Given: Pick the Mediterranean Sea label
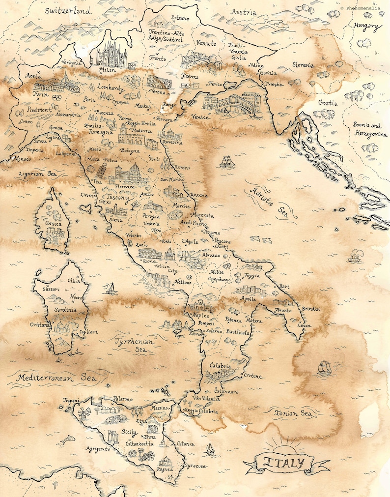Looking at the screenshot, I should [55, 378].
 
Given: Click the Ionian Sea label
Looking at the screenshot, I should [293, 413].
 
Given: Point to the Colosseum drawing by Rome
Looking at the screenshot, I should [150, 253].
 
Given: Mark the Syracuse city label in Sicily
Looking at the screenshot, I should [195, 466].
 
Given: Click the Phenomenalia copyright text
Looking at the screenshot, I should [364, 8].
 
